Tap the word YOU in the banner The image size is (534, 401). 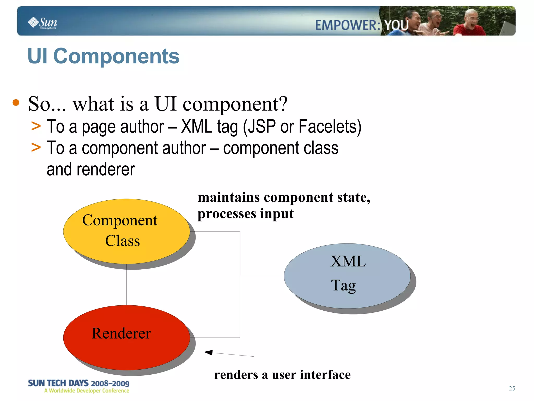point(396,25)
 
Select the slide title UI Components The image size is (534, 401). point(103,56)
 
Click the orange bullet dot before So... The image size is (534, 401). point(16,102)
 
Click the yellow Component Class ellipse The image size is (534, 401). point(126,231)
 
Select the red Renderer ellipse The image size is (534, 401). point(126,338)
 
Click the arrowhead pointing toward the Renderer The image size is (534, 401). point(209,352)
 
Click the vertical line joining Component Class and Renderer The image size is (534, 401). point(127,285)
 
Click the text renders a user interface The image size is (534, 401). point(282,375)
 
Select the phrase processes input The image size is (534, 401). point(245,214)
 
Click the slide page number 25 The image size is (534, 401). point(512,388)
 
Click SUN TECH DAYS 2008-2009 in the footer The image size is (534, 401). point(78,383)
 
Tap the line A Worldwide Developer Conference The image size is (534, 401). point(87,391)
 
